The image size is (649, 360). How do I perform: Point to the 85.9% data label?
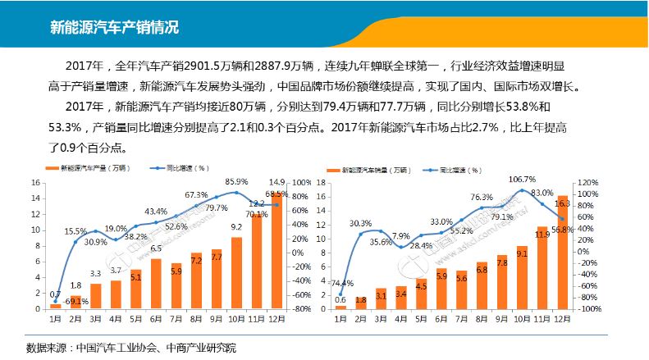236,181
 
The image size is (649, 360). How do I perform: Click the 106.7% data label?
522,179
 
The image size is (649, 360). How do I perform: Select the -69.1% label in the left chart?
76,303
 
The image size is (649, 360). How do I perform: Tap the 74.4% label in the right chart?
341,283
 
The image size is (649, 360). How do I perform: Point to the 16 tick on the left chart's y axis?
36,182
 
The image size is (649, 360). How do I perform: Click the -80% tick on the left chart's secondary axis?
302,309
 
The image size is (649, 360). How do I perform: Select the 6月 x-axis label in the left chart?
156,319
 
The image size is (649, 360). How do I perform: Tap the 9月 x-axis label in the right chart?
502,319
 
